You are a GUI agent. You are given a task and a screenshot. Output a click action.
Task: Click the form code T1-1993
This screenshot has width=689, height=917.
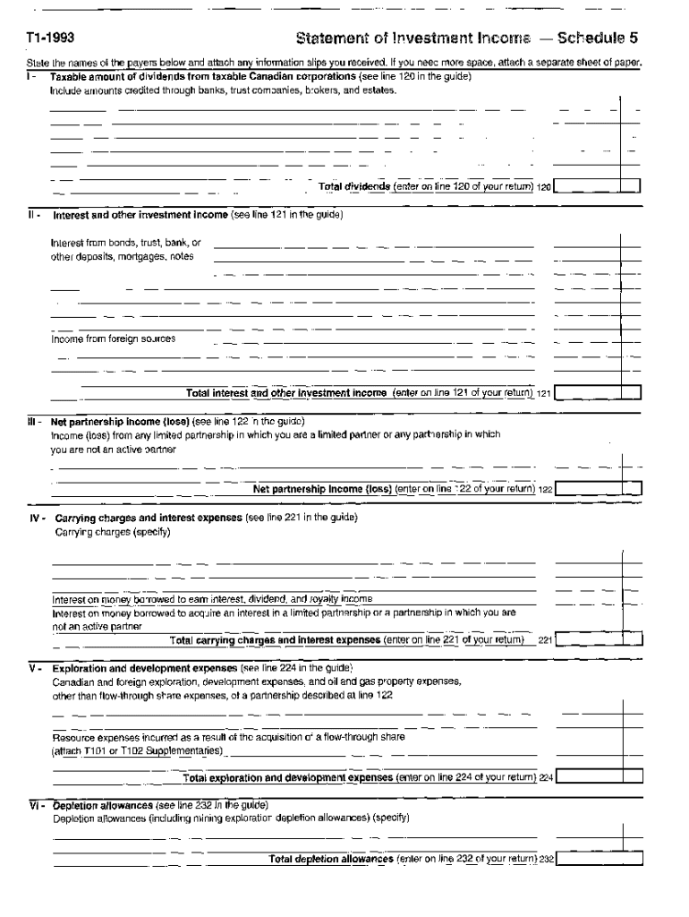coord(49,39)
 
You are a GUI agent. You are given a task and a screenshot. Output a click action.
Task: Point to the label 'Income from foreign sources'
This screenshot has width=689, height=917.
coord(113,339)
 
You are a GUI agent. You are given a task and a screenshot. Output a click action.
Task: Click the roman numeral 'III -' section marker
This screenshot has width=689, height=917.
coord(35,421)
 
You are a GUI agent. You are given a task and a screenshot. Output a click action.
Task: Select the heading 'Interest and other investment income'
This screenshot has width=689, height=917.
coord(140,215)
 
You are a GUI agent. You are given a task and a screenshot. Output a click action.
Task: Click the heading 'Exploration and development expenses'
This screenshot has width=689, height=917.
coord(145,668)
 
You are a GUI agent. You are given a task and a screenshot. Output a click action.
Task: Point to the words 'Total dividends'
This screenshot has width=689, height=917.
coord(354,186)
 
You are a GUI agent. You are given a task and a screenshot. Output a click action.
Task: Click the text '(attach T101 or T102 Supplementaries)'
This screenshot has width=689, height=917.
coord(138,750)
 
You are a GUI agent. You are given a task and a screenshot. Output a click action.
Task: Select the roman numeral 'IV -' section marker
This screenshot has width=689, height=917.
coord(38,518)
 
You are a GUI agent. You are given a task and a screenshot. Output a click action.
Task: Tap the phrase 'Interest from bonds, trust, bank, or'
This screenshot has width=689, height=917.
coord(126,242)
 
